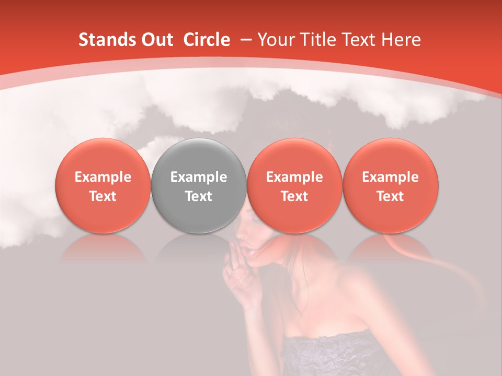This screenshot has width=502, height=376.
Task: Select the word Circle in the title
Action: (207, 40)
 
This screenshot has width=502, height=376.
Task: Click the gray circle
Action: (199, 185)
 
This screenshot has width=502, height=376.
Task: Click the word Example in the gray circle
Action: (199, 177)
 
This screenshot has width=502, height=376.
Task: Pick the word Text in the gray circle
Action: (199, 196)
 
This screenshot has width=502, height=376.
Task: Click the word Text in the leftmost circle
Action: (103, 196)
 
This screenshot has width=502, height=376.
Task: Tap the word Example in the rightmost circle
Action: (390, 177)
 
